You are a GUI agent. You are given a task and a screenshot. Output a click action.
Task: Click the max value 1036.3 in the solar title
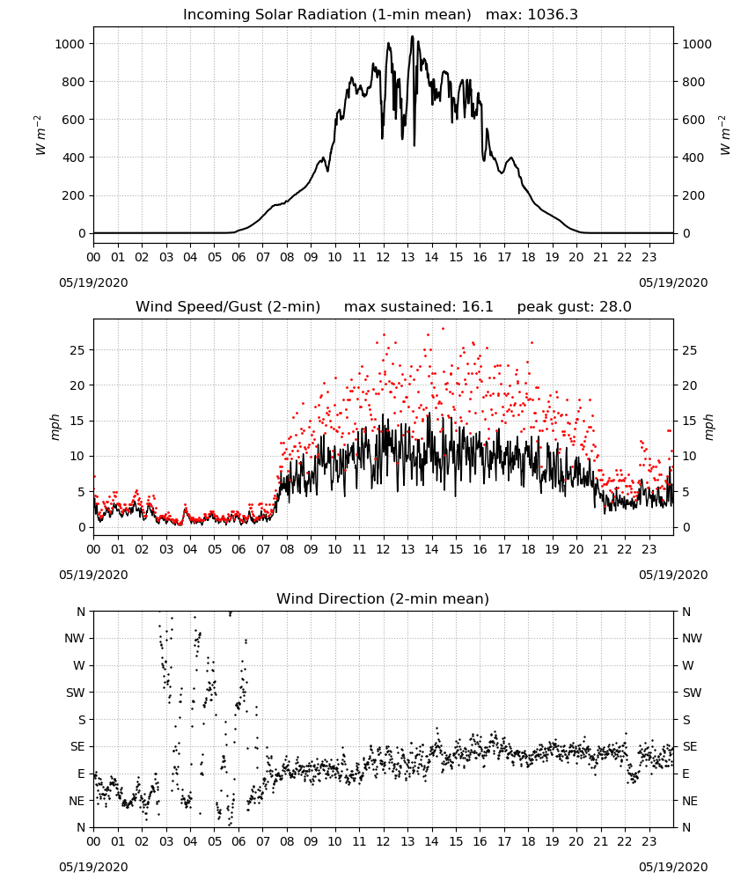[553, 14]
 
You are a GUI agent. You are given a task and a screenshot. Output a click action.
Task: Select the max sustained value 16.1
[477, 306]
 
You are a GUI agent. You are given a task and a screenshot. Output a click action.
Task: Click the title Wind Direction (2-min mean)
[383, 598]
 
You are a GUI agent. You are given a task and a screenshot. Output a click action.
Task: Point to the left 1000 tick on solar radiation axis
[70, 44]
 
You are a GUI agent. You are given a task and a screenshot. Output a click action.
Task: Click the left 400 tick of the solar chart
[74, 158]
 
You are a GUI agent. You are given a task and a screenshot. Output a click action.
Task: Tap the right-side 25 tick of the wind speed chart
[689, 350]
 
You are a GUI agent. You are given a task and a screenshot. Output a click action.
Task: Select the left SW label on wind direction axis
[76, 693]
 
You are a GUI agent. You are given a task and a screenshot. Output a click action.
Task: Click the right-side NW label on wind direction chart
[692, 638]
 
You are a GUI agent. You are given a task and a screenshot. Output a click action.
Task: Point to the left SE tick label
[77, 746]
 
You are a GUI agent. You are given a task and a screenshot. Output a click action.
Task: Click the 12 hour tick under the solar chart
[384, 258]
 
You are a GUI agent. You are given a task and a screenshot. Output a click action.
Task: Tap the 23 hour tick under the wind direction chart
[649, 842]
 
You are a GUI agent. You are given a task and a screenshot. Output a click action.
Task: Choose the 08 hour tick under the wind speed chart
[287, 549]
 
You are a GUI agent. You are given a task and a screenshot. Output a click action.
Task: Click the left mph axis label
[55, 427]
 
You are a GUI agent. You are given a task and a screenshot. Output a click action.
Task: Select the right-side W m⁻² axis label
[724, 136]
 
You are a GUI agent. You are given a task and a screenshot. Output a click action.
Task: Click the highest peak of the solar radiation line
[413, 36]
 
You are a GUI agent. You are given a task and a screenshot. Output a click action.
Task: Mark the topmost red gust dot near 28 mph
[443, 328]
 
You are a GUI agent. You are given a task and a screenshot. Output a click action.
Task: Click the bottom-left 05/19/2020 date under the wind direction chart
[93, 867]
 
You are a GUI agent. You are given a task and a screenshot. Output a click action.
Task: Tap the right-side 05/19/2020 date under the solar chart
[673, 282]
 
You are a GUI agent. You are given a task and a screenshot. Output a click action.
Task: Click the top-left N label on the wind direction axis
[81, 612]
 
